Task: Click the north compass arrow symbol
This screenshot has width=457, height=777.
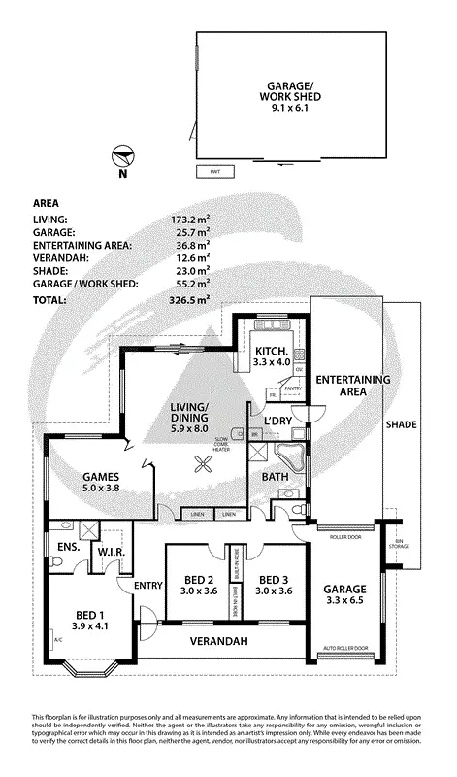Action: (121, 155)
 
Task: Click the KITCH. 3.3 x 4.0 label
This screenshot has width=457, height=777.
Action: (272, 356)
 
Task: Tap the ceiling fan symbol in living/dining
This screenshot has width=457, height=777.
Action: (204, 465)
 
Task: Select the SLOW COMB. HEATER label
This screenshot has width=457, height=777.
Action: (222, 444)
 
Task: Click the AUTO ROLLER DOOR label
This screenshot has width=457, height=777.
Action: (344, 648)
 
